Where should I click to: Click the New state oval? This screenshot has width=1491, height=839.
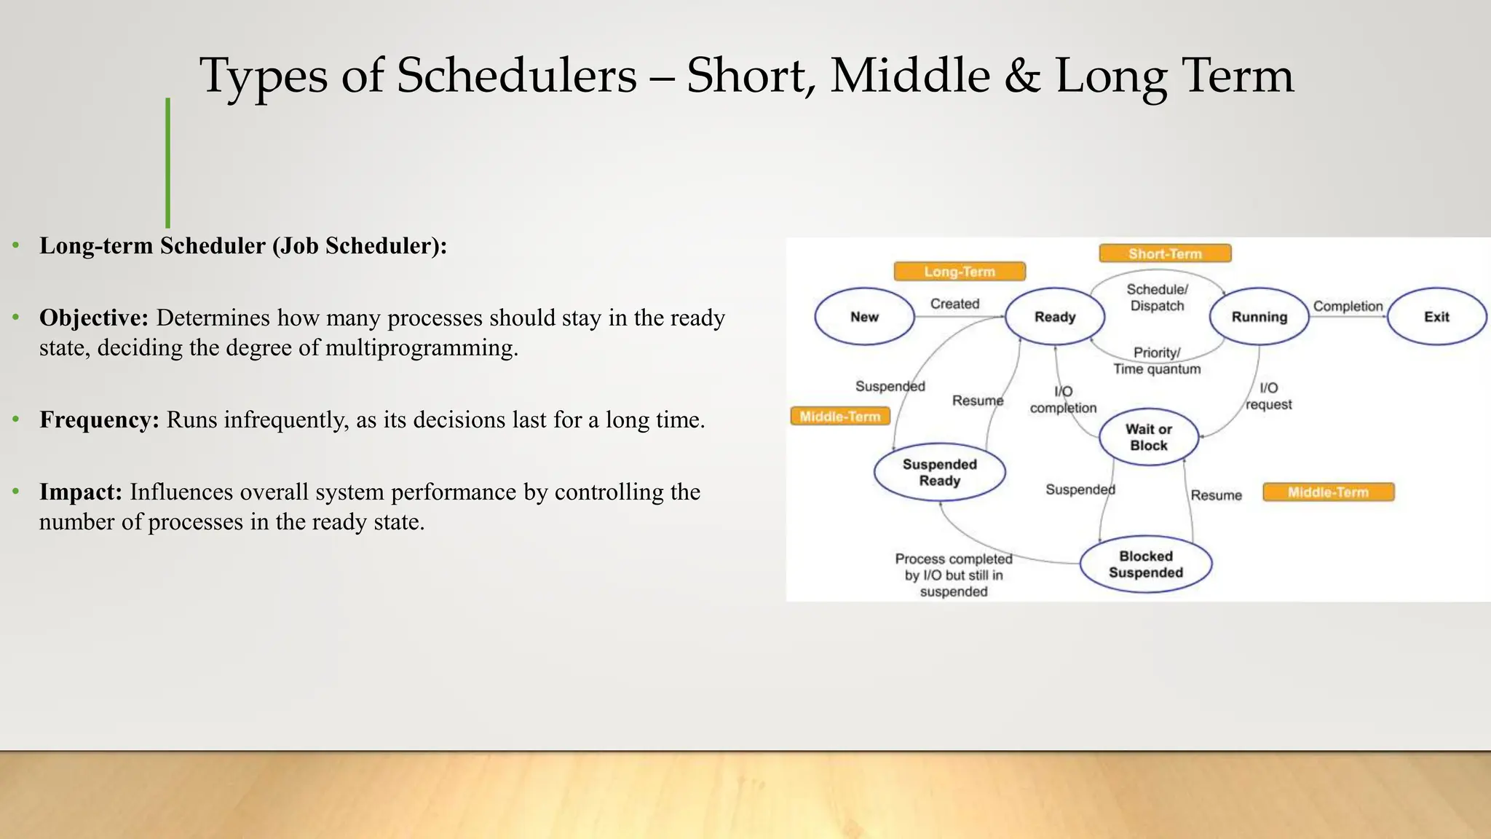click(x=864, y=317)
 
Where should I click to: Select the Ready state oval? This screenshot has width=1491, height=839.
click(x=1055, y=317)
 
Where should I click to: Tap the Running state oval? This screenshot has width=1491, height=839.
click(x=1259, y=317)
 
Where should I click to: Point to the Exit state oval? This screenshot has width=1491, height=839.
click(x=1436, y=317)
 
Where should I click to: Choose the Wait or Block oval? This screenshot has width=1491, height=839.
click(x=1148, y=437)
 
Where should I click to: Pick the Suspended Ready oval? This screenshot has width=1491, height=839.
click(x=939, y=472)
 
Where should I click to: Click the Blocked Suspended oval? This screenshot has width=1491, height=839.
click(x=1145, y=564)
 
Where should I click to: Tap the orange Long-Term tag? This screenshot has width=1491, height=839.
click(x=960, y=272)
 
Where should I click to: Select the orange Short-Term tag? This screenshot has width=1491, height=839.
click(x=1165, y=253)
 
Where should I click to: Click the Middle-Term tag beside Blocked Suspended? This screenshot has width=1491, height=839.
click(x=1328, y=492)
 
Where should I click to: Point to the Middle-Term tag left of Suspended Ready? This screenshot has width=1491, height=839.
click(x=840, y=417)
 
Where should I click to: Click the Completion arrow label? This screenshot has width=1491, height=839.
click(x=1348, y=307)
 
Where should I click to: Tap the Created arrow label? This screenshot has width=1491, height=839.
click(x=954, y=304)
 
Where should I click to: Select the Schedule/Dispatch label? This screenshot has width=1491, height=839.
click(x=1157, y=298)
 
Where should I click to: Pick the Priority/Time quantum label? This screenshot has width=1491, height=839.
click(x=1157, y=361)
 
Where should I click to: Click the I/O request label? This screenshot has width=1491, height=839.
click(x=1268, y=396)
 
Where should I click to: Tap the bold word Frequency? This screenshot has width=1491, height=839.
click(x=98, y=420)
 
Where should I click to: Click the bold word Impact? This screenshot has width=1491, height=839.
click(x=80, y=492)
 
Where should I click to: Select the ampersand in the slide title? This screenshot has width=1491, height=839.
click(x=1022, y=76)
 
